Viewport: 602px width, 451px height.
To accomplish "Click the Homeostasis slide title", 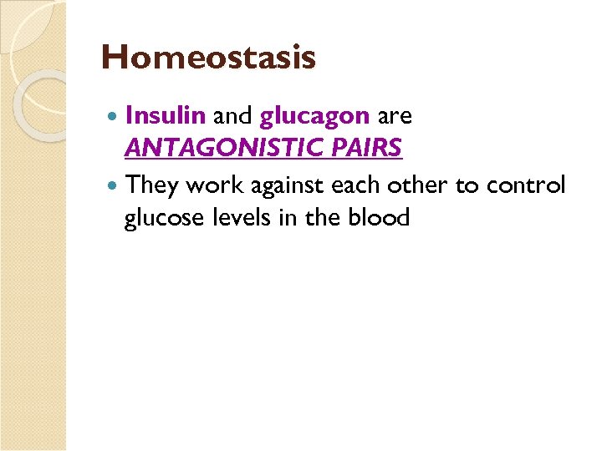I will pos(208,58).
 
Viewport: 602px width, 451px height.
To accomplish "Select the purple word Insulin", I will pos(167,115).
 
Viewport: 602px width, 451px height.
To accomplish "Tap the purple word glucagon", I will pos(314,115).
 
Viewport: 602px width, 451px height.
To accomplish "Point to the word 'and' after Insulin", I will pos(234,115).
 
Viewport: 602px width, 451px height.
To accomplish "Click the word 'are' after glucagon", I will pos(395,116).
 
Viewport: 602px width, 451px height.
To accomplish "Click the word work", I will pos(212,184).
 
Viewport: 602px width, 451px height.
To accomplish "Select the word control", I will pos(535,184).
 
